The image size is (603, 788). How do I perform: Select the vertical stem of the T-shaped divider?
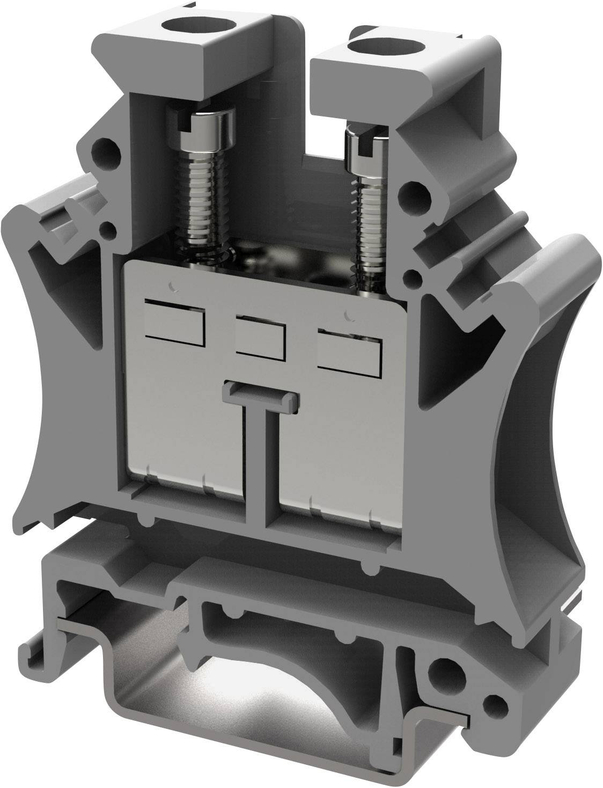[262, 462]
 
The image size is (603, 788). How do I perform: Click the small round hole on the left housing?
[108, 231]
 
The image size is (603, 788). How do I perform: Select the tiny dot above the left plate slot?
[172, 287]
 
